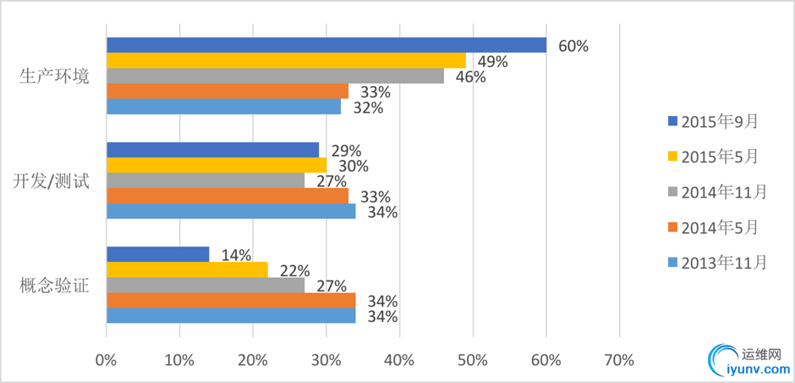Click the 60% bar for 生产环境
326,45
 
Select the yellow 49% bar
286,60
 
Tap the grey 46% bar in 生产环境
275,75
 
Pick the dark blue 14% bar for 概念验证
157,253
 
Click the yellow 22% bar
187,269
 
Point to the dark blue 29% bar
212,149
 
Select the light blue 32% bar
223,107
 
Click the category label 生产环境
55,75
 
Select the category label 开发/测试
52,180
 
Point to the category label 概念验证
55,285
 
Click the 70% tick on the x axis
619,361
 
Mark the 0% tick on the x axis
107,361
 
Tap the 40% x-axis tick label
399,361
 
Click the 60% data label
573,46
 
